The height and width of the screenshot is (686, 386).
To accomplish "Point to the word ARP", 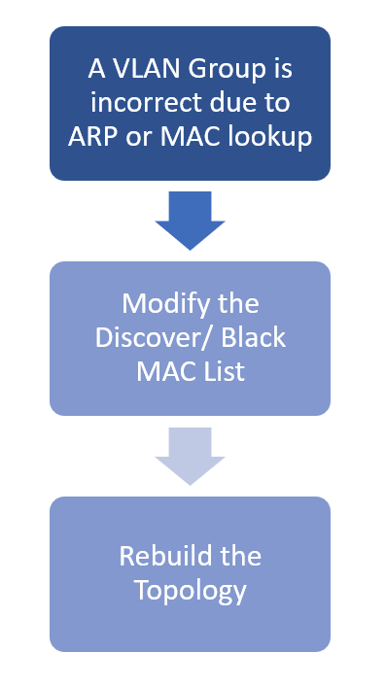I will point(91,137).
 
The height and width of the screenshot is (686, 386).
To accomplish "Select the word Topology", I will point(190,590).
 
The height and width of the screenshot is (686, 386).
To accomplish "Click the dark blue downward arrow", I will point(190,220).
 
